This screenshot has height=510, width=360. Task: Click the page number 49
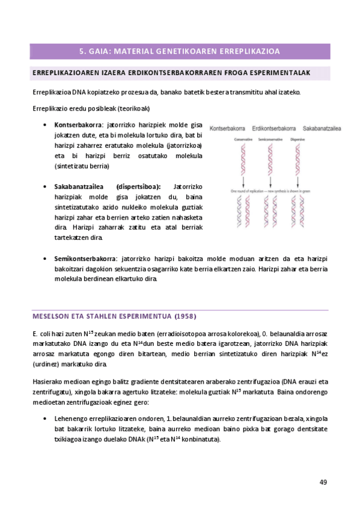click(323, 482)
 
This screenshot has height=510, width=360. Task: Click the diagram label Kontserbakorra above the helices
click(228, 128)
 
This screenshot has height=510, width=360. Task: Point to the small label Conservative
click(242, 140)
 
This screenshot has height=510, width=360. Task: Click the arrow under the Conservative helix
click(243, 182)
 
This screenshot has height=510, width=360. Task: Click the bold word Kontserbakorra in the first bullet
click(78, 125)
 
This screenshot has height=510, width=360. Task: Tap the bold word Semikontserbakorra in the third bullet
click(84, 258)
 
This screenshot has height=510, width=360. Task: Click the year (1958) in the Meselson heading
click(185, 316)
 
